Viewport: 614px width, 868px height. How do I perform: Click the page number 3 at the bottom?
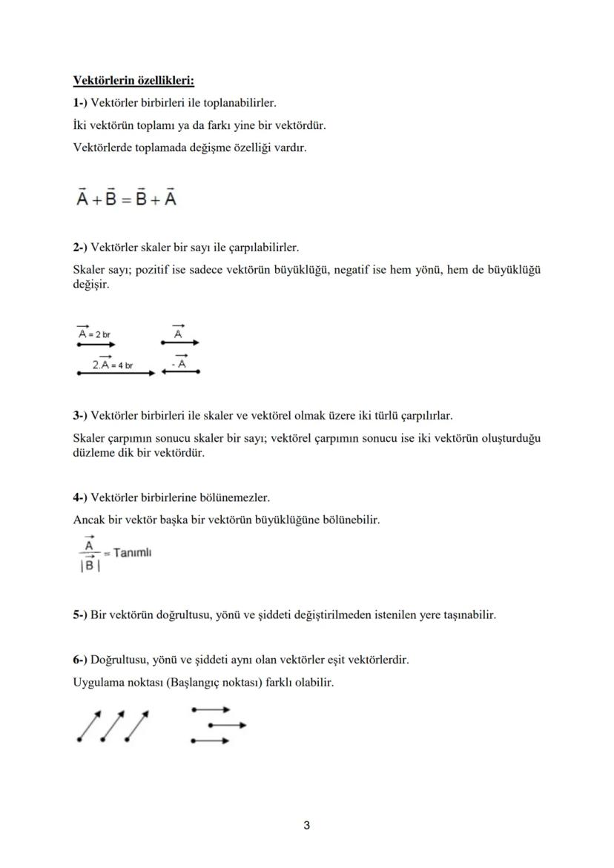click(306, 825)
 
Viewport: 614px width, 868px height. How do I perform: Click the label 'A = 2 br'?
click(94, 334)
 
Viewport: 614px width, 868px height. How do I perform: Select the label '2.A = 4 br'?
click(112, 365)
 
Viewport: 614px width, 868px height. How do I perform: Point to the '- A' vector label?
click(178, 363)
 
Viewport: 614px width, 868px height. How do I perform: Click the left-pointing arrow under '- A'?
click(180, 373)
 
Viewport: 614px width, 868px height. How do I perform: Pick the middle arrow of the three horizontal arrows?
click(227, 725)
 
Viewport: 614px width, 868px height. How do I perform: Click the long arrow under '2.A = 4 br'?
click(116, 374)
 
